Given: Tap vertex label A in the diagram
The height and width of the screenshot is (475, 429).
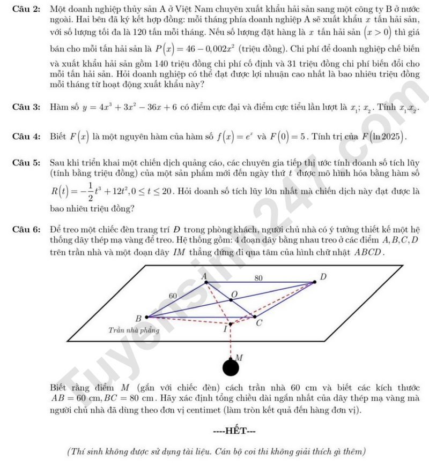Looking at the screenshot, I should pos(204,276).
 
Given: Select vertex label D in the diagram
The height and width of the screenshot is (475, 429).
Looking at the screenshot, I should pos(323,277).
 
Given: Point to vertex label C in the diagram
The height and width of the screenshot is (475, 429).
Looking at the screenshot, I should pos(259,323).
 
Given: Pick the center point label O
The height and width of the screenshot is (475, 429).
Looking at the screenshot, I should pos(234,295).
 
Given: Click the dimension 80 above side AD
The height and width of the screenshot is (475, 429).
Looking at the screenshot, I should pos(258,278).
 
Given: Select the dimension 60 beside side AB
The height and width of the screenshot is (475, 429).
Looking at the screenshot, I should pos(173,296).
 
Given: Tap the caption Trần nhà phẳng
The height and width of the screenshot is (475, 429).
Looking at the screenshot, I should pos(134,330).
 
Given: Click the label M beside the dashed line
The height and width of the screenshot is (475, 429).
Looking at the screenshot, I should pos(239,357).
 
